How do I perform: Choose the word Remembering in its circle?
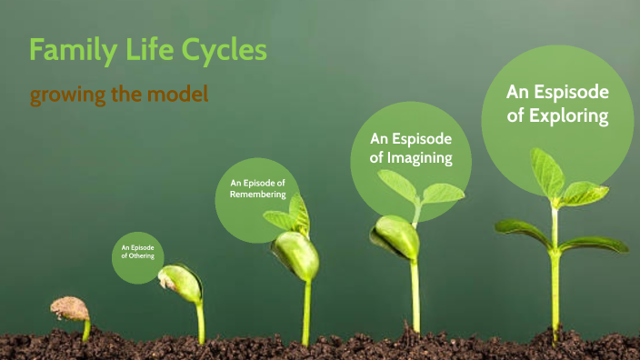[x=258, y=194]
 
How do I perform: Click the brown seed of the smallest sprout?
[x=69, y=309]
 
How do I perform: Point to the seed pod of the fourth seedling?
[x=396, y=238]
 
